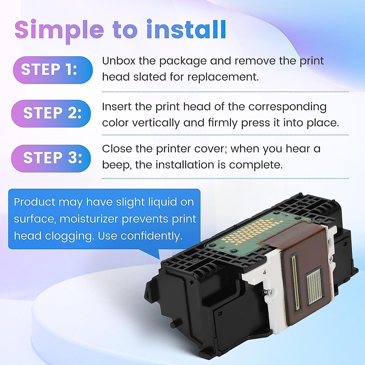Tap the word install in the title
tap(186, 30)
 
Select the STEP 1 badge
tap(53, 70)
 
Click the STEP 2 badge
tap(51, 113)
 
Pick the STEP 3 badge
tap(51, 158)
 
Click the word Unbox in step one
tap(119, 61)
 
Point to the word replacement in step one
tap(223, 77)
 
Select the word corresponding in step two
tap(287, 107)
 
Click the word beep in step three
tap(116, 165)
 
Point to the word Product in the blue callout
tap(35, 202)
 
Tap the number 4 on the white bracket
tap(264, 272)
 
